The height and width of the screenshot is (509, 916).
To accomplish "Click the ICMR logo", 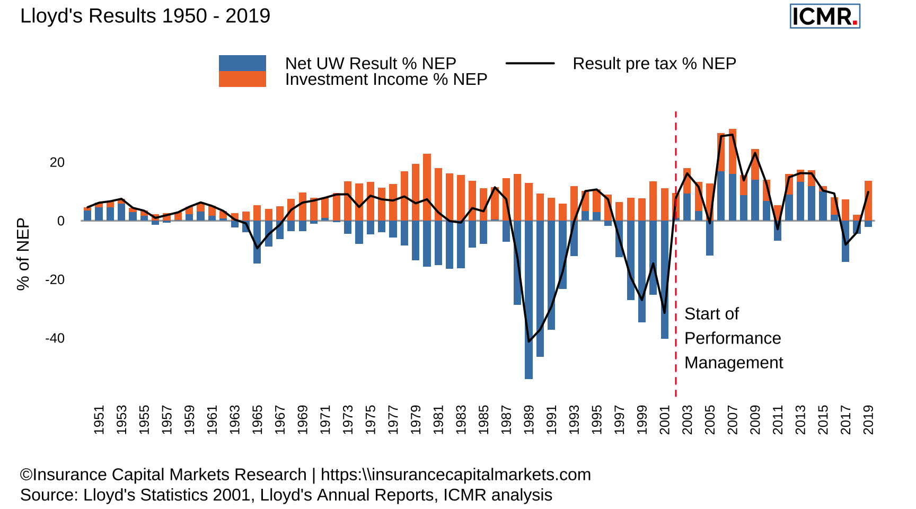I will (x=824, y=16).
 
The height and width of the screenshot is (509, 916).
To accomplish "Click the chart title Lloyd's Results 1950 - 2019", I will (x=145, y=16).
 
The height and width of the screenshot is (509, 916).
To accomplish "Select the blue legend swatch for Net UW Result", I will (x=242, y=63).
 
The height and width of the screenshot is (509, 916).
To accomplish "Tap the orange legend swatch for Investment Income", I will (x=242, y=79).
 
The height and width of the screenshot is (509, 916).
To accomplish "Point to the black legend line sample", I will (x=530, y=63).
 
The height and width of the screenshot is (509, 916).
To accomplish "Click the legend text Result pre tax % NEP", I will (x=654, y=64).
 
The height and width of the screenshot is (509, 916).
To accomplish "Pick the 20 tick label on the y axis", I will (x=57, y=162).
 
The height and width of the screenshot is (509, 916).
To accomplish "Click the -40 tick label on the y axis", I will (x=55, y=338).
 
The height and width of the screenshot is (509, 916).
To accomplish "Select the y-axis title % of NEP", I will (x=23, y=254).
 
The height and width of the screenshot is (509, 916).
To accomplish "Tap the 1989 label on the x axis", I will (x=529, y=420).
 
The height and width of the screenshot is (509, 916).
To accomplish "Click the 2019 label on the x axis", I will (x=868, y=420).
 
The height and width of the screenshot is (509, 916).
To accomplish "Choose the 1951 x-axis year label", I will (x=99, y=420).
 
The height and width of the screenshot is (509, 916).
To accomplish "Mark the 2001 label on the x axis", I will (x=665, y=420).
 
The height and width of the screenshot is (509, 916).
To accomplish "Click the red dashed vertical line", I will (x=676, y=254).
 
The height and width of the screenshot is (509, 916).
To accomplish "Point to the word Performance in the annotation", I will (x=733, y=338).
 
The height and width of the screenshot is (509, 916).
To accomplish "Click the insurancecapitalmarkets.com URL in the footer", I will (x=455, y=475).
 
